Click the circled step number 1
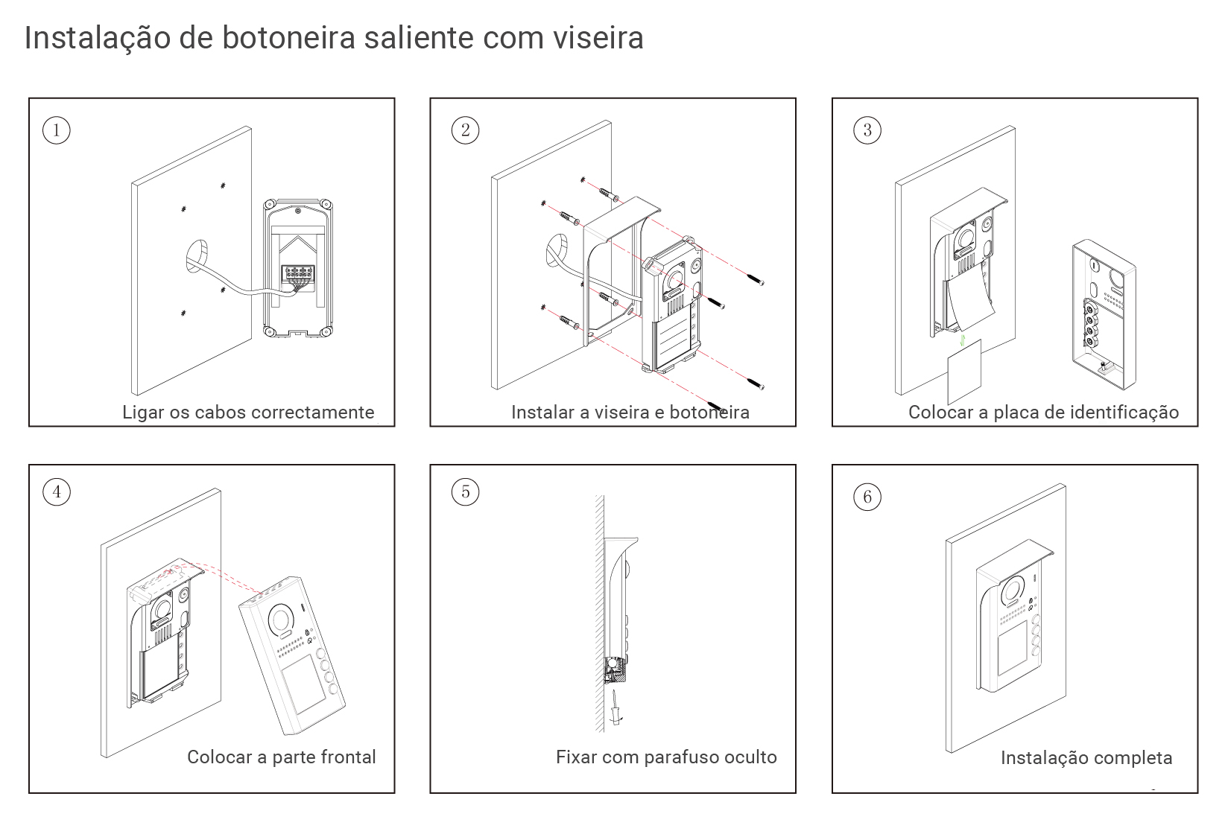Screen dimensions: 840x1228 pos(56,130)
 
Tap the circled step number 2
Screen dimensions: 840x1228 pos(466,130)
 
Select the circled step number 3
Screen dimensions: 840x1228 pos(867,130)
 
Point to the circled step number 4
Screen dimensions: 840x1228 pos(56,491)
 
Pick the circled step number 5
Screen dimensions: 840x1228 pos(466,491)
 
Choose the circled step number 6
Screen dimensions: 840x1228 pos(867,497)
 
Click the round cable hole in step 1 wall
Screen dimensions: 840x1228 pos(198,256)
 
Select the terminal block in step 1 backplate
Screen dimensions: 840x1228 pos(297,276)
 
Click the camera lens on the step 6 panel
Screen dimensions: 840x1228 pos(1011,590)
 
